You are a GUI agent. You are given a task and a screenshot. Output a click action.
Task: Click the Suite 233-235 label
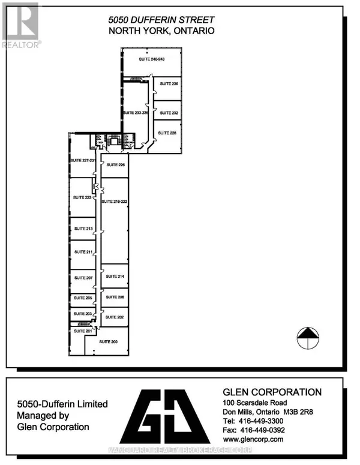click(x=135, y=113)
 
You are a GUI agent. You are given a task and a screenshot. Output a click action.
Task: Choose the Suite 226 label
click(x=114, y=165)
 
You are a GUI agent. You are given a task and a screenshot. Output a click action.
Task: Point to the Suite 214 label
click(x=115, y=277)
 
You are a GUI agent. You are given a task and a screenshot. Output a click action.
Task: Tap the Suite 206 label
click(x=115, y=298)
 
